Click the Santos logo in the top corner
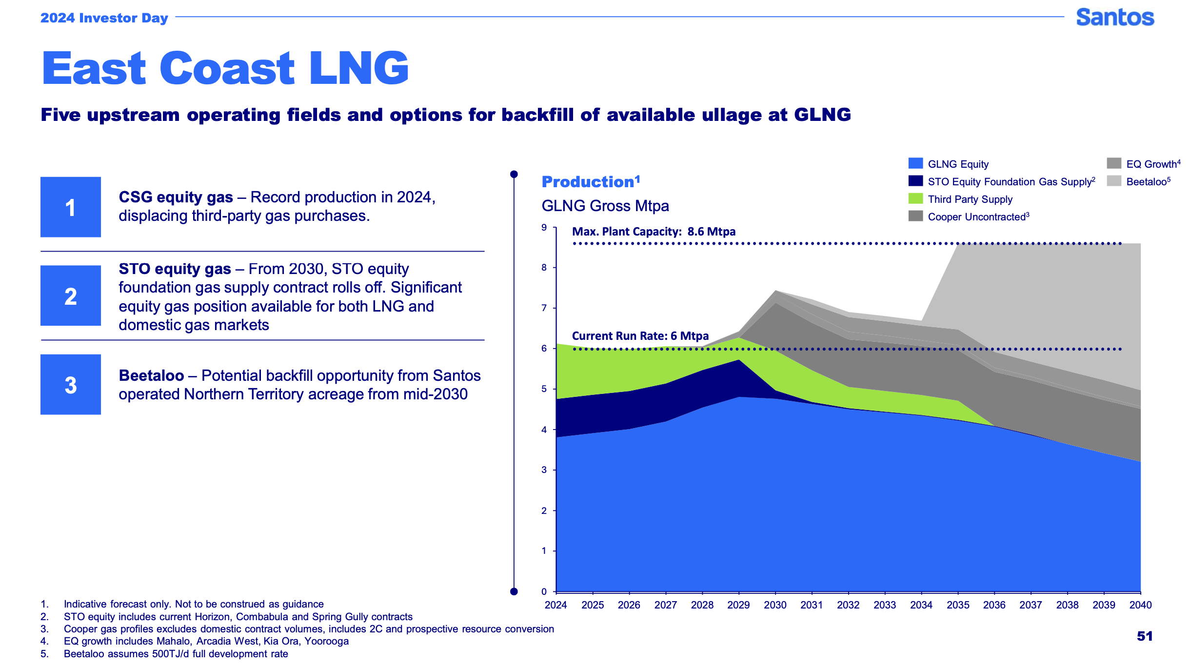pyautogui.click(x=1115, y=18)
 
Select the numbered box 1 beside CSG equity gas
pyautogui.click(x=71, y=207)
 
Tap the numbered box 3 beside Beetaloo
pyautogui.click(x=71, y=385)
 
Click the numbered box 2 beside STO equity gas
pyautogui.click(x=71, y=296)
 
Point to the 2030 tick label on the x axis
pyautogui.click(x=775, y=605)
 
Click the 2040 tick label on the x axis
pyautogui.click(x=1140, y=605)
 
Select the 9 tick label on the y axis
pyautogui.click(x=544, y=227)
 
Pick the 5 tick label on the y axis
pyautogui.click(x=544, y=389)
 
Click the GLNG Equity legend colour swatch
pyautogui.click(x=915, y=163)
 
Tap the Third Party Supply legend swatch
pyautogui.click(x=915, y=198)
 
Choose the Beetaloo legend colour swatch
pyautogui.click(x=1114, y=181)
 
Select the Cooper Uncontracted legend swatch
pyautogui.click(x=915, y=216)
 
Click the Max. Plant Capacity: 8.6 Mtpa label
pyautogui.click(x=654, y=232)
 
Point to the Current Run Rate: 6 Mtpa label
pyautogui.click(x=640, y=336)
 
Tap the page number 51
pyautogui.click(x=1145, y=636)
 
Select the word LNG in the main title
pyautogui.click(x=359, y=68)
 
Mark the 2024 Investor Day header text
pyautogui.click(x=104, y=18)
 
